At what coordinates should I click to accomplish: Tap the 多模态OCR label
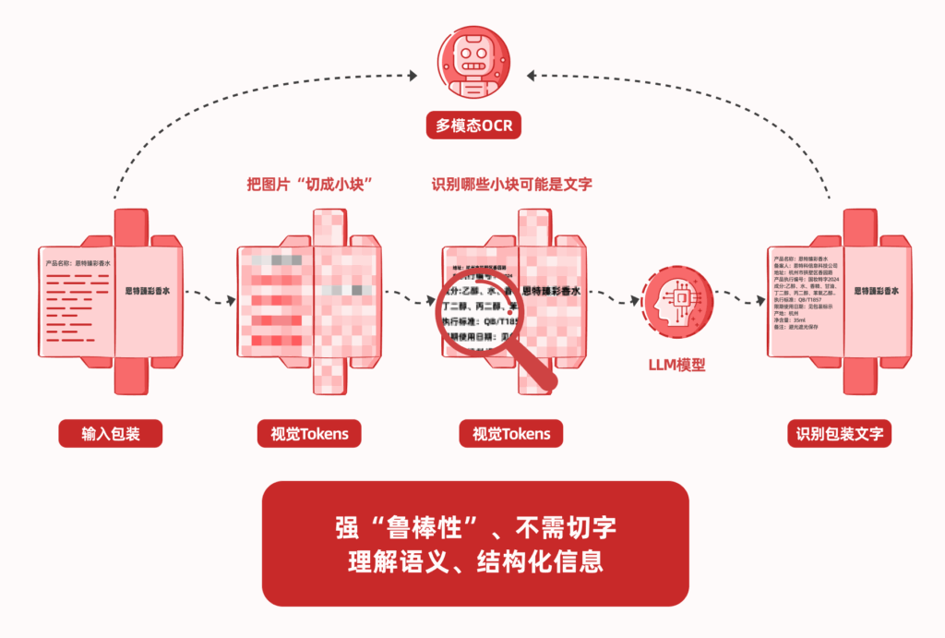[473, 125]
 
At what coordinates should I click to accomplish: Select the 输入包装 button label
[110, 433]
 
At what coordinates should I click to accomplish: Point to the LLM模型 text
[677, 364]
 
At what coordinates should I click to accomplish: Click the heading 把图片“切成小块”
[308, 184]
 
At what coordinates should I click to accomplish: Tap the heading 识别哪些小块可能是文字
[511, 184]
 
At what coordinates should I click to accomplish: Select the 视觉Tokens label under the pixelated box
[309, 433]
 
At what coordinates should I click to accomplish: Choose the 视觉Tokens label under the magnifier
[511, 433]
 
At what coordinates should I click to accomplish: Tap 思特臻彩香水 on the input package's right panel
[149, 290]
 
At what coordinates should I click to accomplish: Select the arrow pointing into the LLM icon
[614, 297]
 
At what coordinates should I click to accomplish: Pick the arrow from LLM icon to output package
[738, 297]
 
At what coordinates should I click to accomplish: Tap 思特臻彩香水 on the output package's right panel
[876, 291]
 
